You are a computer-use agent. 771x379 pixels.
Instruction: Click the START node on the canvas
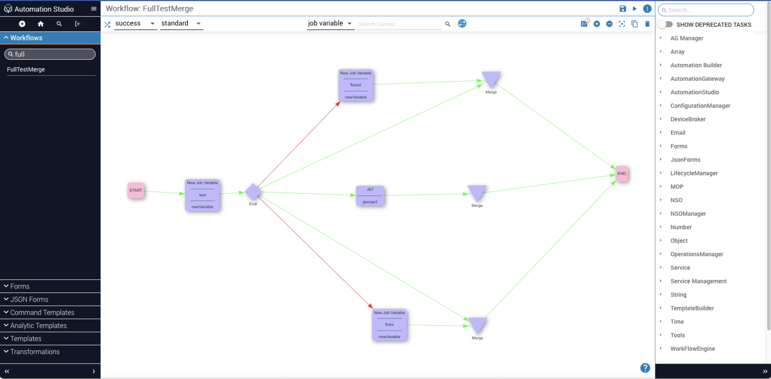click(136, 190)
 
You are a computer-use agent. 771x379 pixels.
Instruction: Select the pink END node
click(621, 174)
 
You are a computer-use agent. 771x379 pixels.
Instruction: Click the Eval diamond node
click(253, 192)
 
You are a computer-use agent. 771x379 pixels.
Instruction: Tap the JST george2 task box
click(370, 196)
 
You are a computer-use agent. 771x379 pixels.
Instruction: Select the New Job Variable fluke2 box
click(356, 85)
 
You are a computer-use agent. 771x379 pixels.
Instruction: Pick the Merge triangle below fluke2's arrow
click(491, 79)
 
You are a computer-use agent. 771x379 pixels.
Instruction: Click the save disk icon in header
click(622, 9)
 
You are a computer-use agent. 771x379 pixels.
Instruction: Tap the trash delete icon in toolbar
click(647, 24)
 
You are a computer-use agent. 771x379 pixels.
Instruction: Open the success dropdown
click(135, 23)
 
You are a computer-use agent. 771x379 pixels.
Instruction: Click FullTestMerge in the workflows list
click(26, 69)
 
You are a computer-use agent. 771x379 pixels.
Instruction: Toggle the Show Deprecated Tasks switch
click(665, 24)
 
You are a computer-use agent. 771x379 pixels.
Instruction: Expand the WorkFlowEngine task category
click(692, 348)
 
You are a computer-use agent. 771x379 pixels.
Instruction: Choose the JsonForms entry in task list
click(685, 160)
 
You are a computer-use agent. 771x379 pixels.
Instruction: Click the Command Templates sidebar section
click(42, 312)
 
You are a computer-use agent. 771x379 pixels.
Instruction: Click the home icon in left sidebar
click(41, 24)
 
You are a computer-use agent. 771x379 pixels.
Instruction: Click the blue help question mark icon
click(645, 368)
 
